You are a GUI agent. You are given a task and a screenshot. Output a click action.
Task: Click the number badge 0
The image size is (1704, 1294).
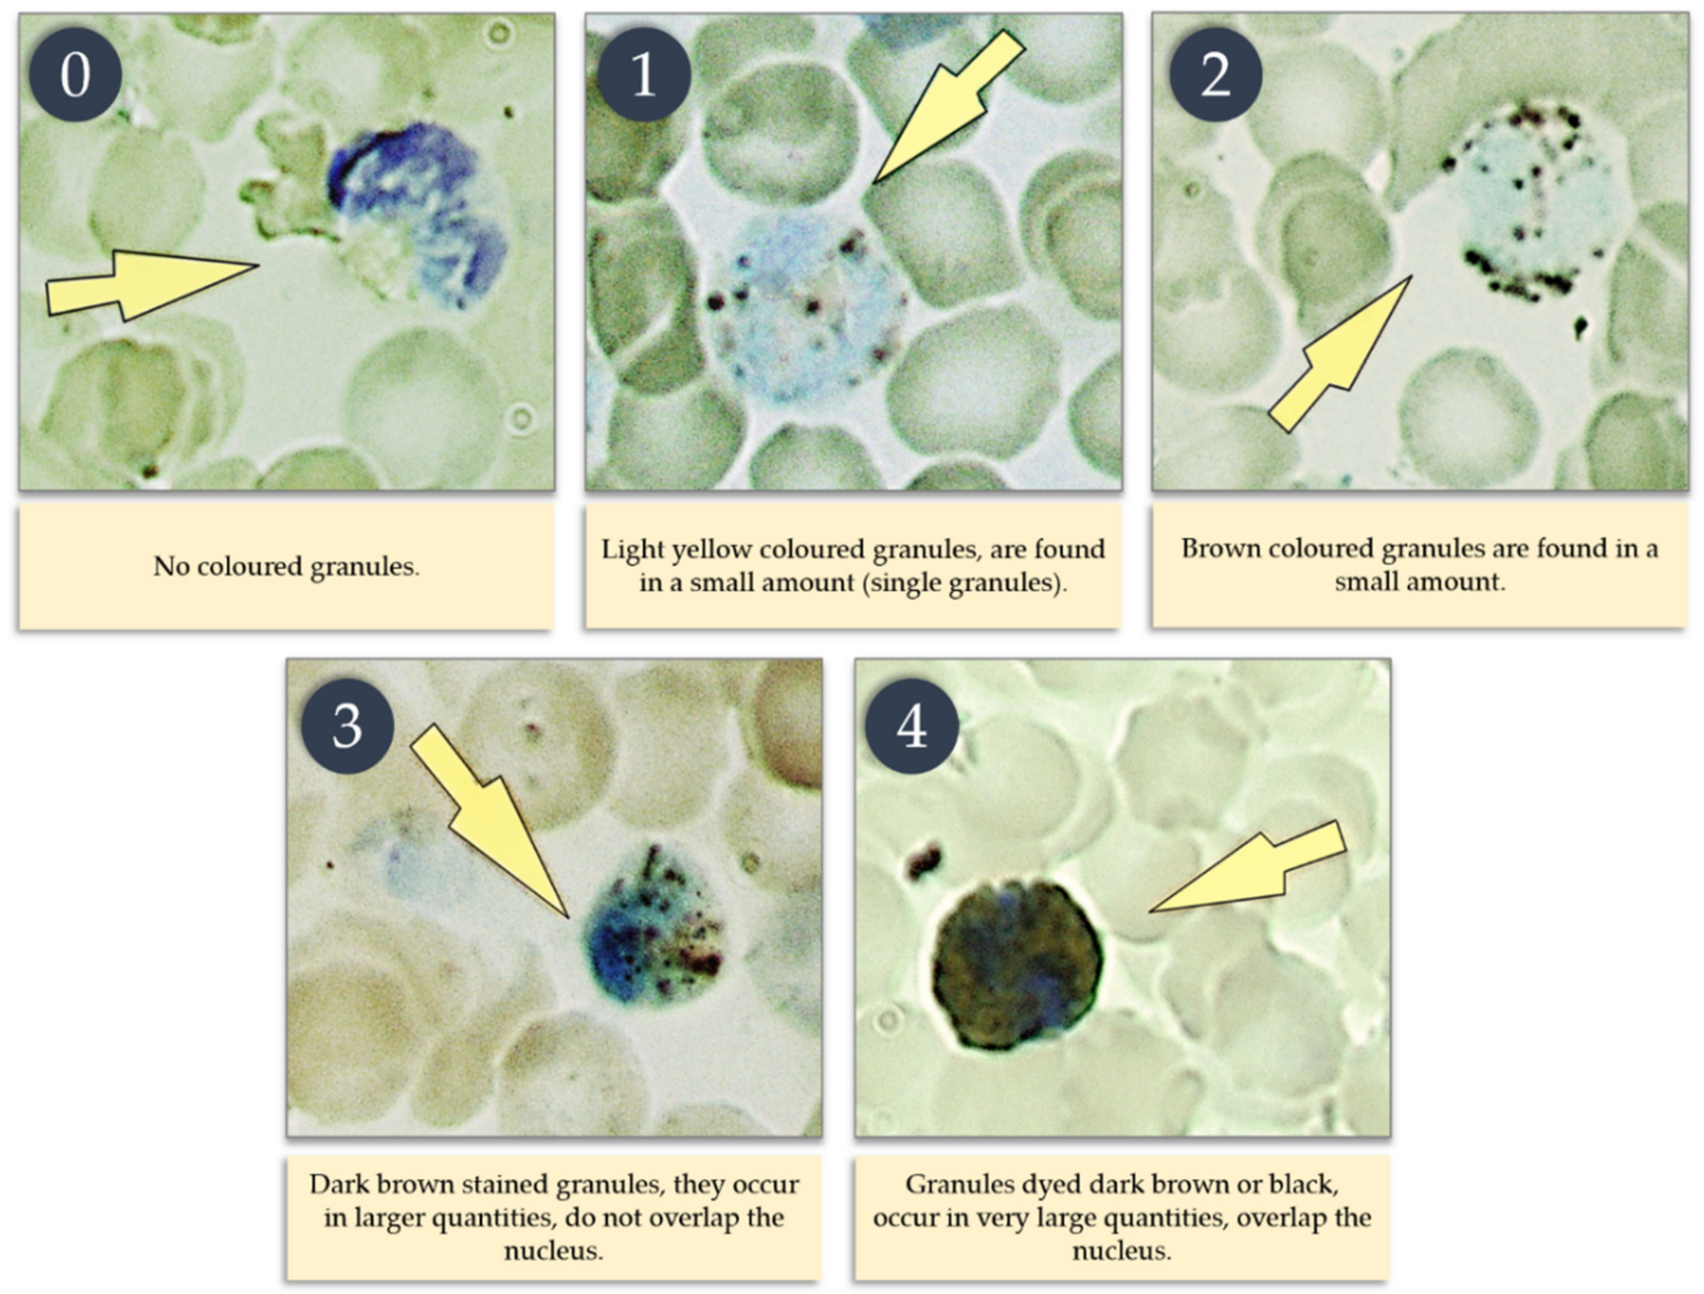coord(75,75)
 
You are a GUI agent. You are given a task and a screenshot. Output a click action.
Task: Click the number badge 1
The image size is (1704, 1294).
coord(643,75)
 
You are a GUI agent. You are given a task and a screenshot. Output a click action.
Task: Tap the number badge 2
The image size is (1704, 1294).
coord(1215,75)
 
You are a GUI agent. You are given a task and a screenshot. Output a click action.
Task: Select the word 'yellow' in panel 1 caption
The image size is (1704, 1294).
coord(713,550)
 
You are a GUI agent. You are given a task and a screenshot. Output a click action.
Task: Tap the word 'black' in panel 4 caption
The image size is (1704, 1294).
coord(1304,1184)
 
